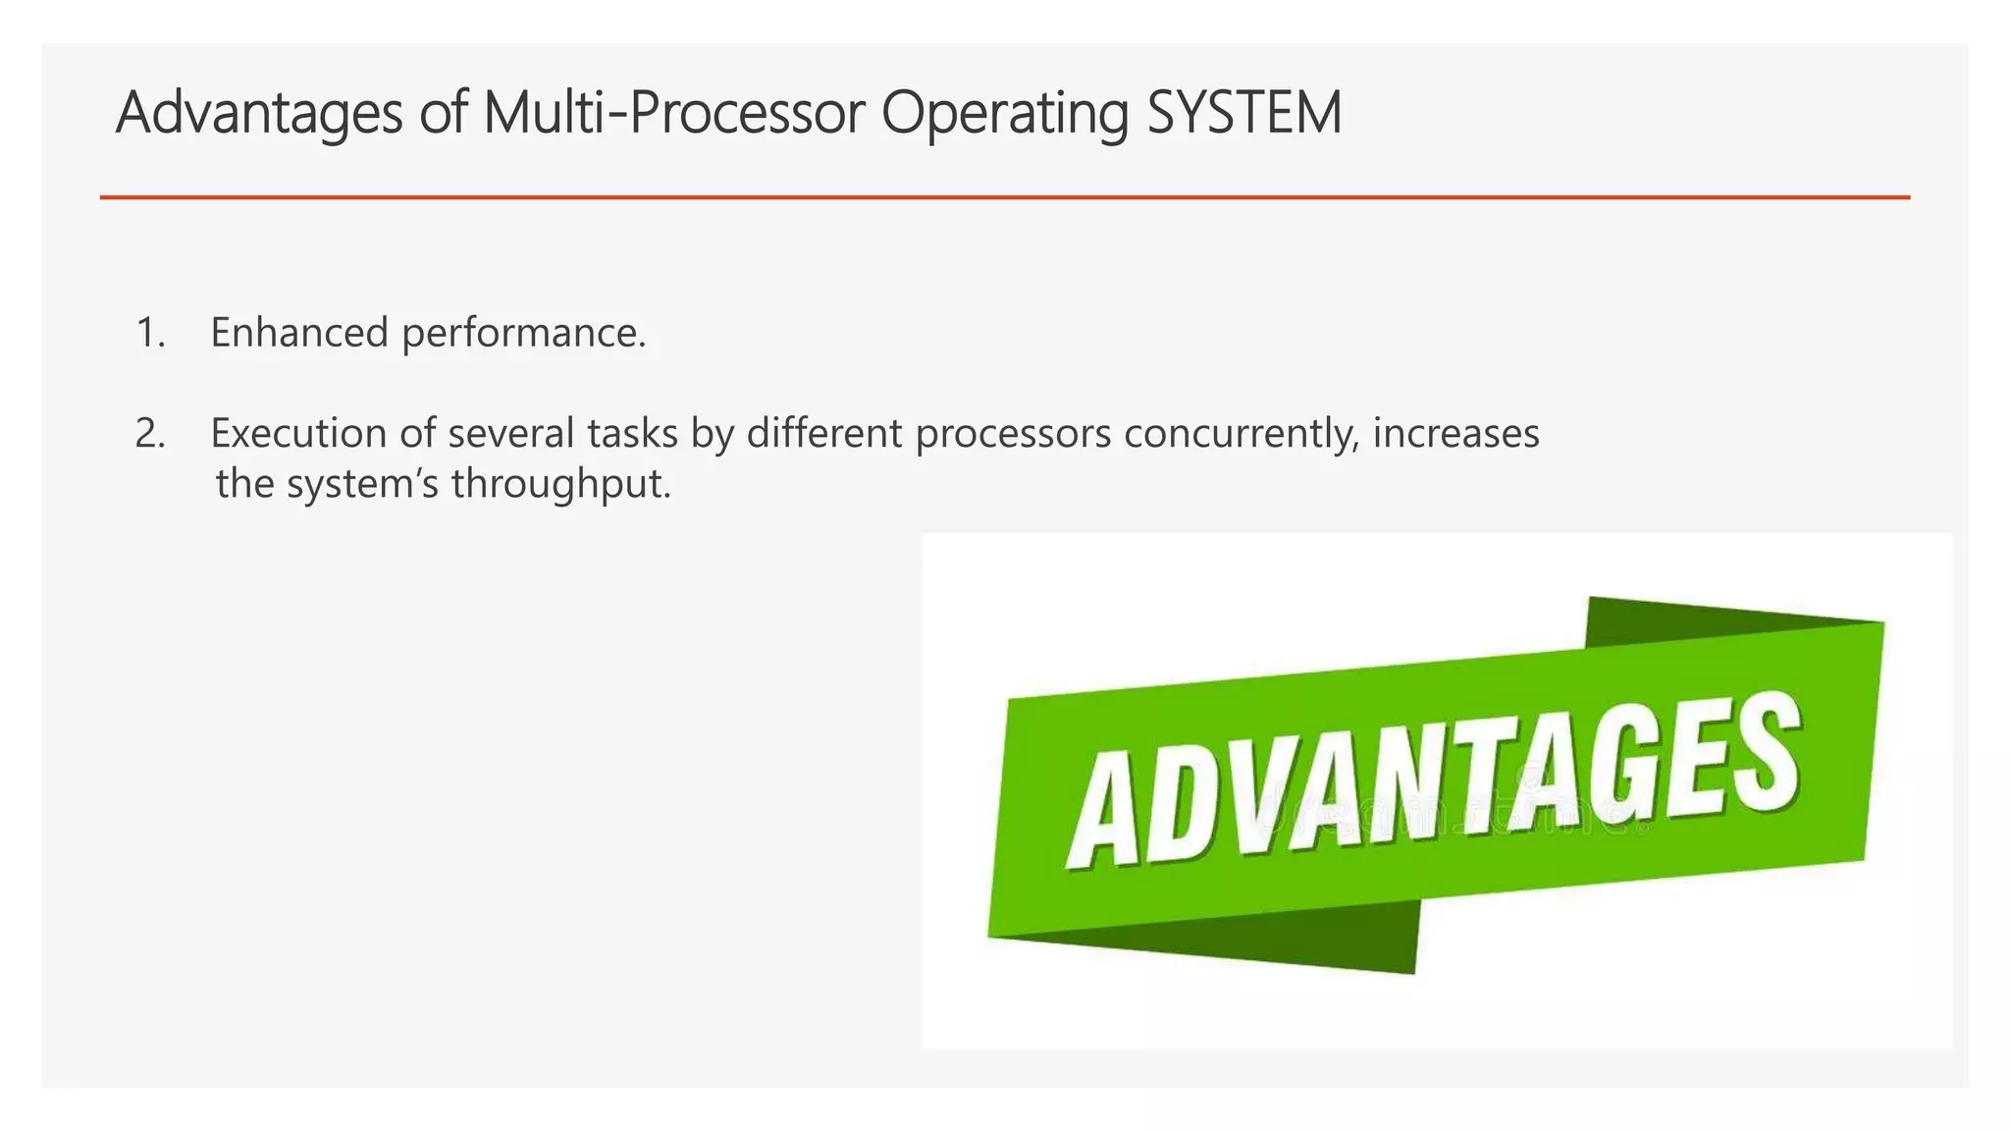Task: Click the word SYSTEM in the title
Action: coord(1243,113)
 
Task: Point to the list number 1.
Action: coord(148,334)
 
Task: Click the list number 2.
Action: coord(149,434)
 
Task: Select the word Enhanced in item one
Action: coord(299,333)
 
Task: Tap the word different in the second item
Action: coord(823,433)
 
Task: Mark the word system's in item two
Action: coord(362,485)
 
